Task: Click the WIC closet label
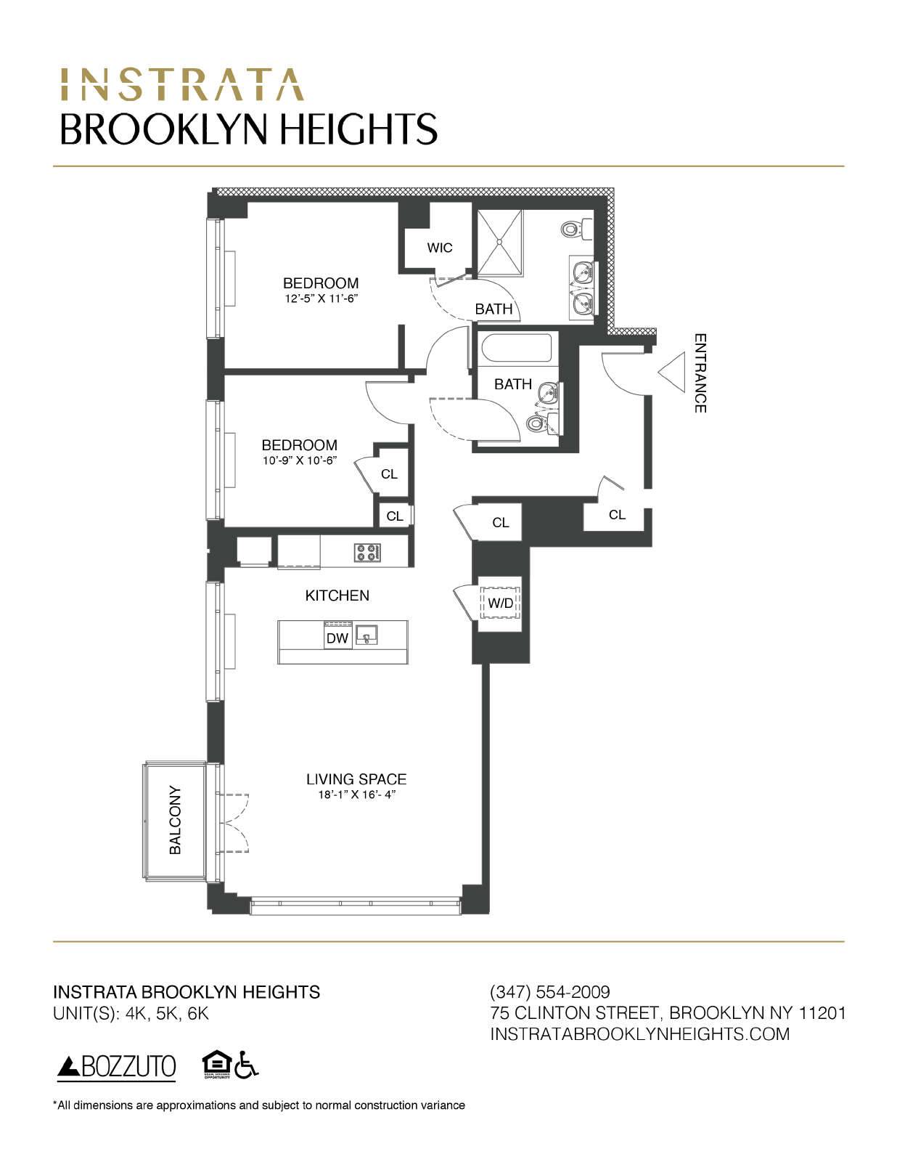[439, 248]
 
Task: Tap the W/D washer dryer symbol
[500, 603]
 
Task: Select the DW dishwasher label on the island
[337, 638]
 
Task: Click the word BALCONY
[175, 819]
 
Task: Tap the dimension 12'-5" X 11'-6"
[321, 298]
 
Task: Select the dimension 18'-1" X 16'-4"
[356, 795]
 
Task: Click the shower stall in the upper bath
[499, 243]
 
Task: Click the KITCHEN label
[337, 596]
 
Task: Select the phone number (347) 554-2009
[550, 991]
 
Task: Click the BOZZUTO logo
[117, 1067]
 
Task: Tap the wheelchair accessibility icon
[248, 1065]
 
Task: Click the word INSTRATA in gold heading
[181, 84]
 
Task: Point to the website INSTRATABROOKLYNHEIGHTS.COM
[639, 1033]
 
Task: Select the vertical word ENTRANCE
[700, 373]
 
